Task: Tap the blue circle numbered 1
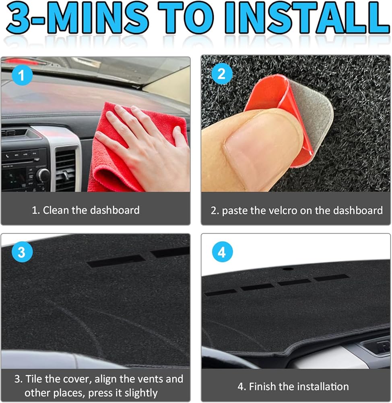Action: point(22,75)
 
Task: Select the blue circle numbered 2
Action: point(222,74)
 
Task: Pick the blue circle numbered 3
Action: point(22,251)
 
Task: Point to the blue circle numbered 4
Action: point(222,252)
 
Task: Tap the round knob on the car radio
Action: point(43,176)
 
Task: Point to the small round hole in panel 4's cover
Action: point(288,269)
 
